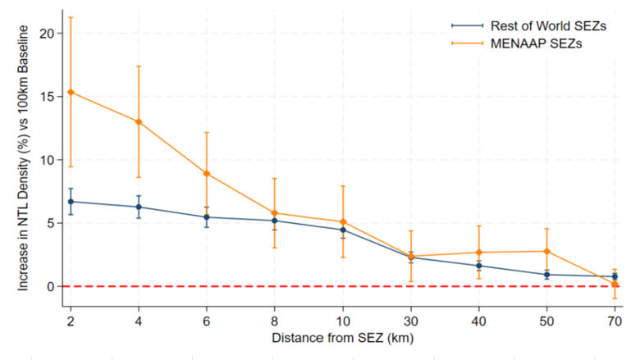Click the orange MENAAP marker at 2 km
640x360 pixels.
click(x=71, y=92)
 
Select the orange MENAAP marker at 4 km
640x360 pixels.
click(x=139, y=121)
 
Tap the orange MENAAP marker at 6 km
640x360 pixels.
click(x=207, y=174)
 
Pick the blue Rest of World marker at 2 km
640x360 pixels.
click(x=71, y=201)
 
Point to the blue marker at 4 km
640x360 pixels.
click(x=139, y=207)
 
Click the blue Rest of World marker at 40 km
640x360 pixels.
click(x=478, y=266)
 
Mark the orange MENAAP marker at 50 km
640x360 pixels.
click(x=546, y=251)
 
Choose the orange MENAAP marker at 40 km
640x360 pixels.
click(x=478, y=253)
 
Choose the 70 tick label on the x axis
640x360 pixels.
click(x=615, y=320)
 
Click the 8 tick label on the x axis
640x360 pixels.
click(x=275, y=320)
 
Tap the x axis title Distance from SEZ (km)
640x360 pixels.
click(x=341, y=336)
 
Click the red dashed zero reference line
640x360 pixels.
click(x=328, y=286)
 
